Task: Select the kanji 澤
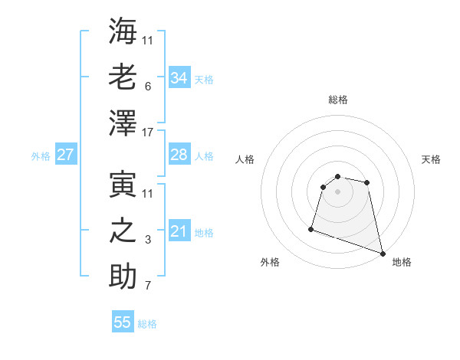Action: click(123, 123)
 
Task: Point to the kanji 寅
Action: click(123, 184)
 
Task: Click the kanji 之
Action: click(123, 231)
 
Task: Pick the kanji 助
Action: click(123, 277)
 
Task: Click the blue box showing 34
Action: click(179, 77)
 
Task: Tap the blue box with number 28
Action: click(179, 155)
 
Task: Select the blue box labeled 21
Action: click(179, 231)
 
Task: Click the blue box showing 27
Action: click(66, 155)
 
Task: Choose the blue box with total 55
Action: click(123, 322)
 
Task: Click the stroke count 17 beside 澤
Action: click(148, 133)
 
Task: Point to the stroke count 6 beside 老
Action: click(148, 87)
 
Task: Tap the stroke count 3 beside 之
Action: click(148, 241)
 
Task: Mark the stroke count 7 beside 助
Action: click(148, 286)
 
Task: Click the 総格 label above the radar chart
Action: click(337, 100)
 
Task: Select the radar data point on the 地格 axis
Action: click(383, 254)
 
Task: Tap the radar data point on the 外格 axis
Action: click(311, 228)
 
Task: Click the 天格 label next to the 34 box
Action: click(204, 79)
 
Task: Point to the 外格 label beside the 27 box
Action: click(41, 156)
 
